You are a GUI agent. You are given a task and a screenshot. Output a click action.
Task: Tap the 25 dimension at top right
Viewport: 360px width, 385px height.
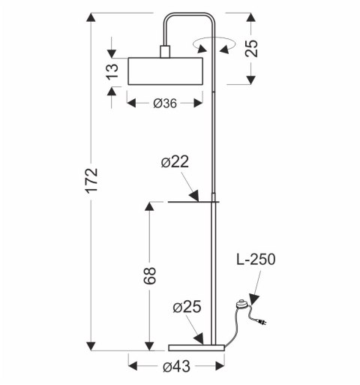pyautogui.click(x=252, y=48)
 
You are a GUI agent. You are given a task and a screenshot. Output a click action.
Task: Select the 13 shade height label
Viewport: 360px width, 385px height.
pyautogui.click(x=112, y=71)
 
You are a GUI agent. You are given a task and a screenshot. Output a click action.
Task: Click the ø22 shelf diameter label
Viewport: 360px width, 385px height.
pyautogui.click(x=175, y=161)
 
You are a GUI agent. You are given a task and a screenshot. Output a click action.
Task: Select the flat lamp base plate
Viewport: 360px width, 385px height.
pyautogui.click(x=196, y=347)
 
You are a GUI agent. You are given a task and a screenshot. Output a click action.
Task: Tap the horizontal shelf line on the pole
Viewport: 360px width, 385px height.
pyautogui.click(x=193, y=202)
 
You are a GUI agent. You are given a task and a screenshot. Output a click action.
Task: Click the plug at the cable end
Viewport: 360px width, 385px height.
pyautogui.click(x=262, y=323)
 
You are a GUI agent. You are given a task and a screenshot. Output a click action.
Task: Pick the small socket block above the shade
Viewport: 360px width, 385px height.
pyautogui.click(x=165, y=52)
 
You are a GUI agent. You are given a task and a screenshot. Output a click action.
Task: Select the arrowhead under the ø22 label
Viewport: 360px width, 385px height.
pyautogui.click(x=194, y=196)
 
